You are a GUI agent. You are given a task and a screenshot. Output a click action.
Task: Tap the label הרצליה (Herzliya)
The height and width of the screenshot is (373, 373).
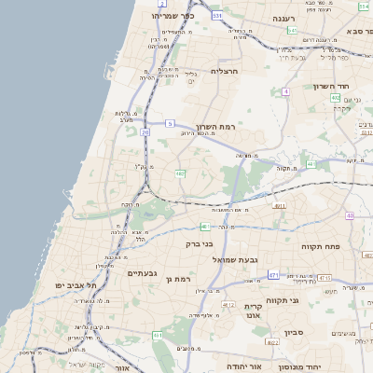[227, 71]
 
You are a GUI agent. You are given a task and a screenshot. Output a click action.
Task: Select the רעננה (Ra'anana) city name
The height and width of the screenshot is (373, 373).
[284, 19]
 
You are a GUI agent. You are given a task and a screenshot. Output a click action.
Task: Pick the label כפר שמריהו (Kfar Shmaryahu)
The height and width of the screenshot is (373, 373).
[176, 16]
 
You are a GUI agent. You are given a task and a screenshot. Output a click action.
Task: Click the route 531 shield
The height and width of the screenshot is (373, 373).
[217, 16]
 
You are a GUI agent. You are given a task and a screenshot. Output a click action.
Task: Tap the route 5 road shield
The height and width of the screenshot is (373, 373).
[170, 123]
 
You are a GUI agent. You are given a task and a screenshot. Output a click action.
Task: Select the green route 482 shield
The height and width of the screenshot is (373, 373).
[179, 173]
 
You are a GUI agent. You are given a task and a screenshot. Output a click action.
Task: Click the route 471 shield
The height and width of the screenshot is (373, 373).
[273, 275]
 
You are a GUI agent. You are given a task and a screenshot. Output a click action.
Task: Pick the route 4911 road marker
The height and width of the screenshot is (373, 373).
[279, 205]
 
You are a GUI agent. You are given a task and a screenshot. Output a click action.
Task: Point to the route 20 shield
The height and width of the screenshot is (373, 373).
[145, 132]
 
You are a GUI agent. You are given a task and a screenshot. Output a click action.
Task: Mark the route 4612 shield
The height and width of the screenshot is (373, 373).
[228, 304]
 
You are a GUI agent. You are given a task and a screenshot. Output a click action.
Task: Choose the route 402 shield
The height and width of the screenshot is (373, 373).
[336, 97]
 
